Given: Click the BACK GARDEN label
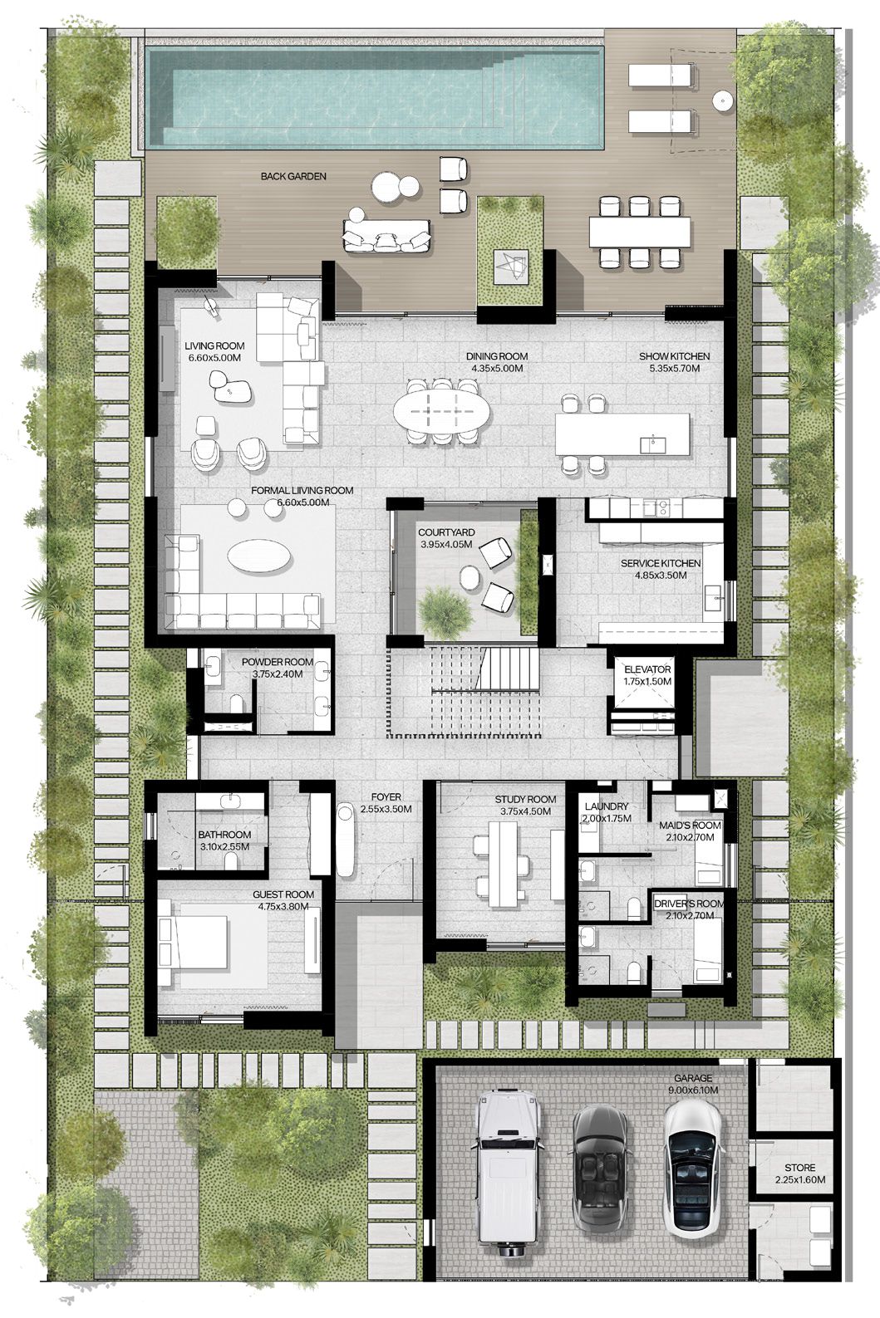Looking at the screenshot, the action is point(293,176).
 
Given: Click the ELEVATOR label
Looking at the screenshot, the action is point(647,669).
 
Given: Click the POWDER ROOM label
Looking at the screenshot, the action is point(278,662).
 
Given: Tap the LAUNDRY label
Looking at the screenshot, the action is point(607,806).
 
